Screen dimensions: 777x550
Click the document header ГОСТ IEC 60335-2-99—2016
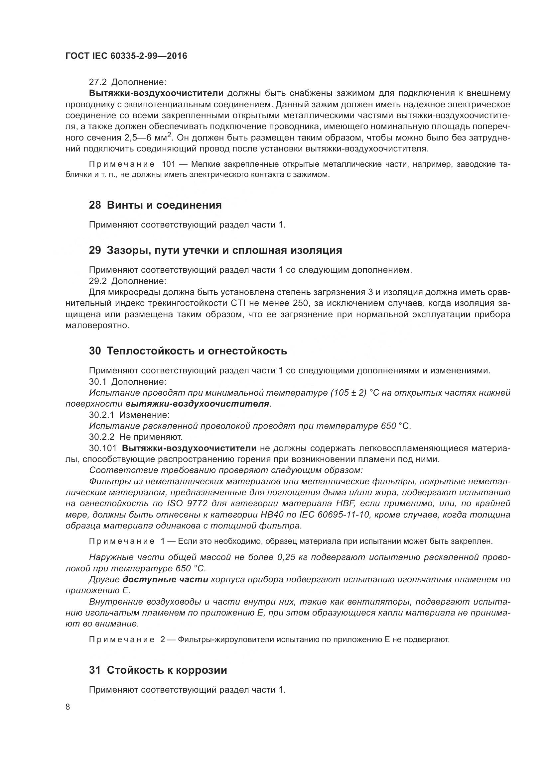click(x=126, y=56)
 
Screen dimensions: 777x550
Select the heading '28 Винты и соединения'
click(x=155, y=205)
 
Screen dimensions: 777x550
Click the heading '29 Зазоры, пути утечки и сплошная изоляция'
click(x=215, y=250)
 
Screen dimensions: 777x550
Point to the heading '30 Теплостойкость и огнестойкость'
click(x=188, y=351)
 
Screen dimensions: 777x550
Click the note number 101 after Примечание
click(x=169, y=164)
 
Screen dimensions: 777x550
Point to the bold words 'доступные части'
click(x=165, y=579)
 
